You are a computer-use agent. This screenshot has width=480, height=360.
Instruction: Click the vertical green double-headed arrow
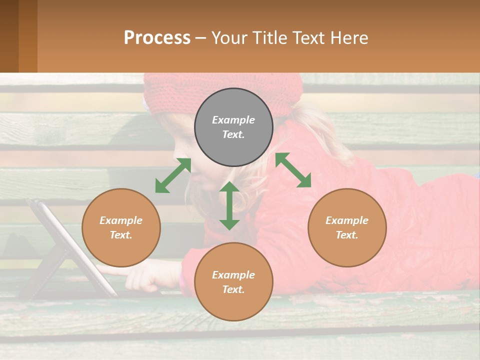229,205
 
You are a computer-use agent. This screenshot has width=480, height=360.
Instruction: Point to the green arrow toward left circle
173,175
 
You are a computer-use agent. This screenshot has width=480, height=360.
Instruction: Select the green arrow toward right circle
293,170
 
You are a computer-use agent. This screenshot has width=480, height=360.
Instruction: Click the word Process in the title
157,38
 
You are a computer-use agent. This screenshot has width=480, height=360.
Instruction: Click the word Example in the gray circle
233,120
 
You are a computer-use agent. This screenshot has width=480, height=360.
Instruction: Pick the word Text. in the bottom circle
233,289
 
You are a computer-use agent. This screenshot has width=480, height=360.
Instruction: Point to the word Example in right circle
347,220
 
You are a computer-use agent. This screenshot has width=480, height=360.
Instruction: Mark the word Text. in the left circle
121,235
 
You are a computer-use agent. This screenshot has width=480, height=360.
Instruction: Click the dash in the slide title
201,38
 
